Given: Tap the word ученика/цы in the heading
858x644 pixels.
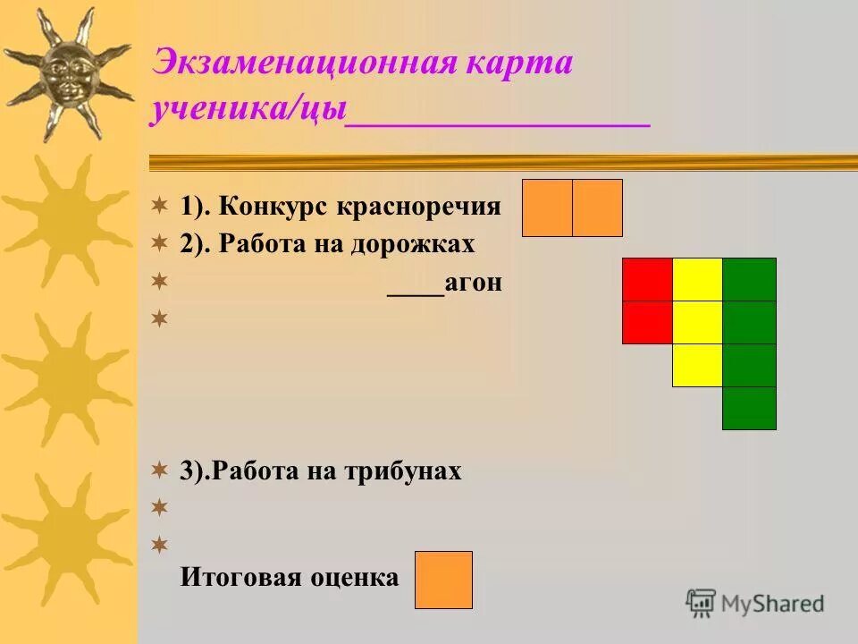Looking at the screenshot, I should [x=248, y=110].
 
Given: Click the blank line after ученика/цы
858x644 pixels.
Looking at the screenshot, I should [x=498, y=123].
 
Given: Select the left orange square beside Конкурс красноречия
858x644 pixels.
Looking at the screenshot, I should [x=547, y=208].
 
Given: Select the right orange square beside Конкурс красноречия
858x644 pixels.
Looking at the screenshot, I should [x=597, y=208].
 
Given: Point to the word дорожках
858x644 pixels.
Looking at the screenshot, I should [x=419, y=244].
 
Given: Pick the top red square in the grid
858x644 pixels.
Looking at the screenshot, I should [x=647, y=279].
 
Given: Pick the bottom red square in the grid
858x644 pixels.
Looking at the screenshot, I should [x=647, y=322].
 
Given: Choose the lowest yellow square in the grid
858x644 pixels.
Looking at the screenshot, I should [x=697, y=365].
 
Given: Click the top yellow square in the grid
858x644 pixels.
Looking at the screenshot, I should [x=697, y=279].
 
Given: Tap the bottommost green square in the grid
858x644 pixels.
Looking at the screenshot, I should [x=749, y=408].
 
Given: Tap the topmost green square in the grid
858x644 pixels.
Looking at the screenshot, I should [x=749, y=279].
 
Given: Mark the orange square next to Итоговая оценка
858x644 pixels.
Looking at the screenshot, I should [x=443, y=580].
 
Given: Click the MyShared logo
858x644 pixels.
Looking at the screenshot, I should [x=756, y=603].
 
